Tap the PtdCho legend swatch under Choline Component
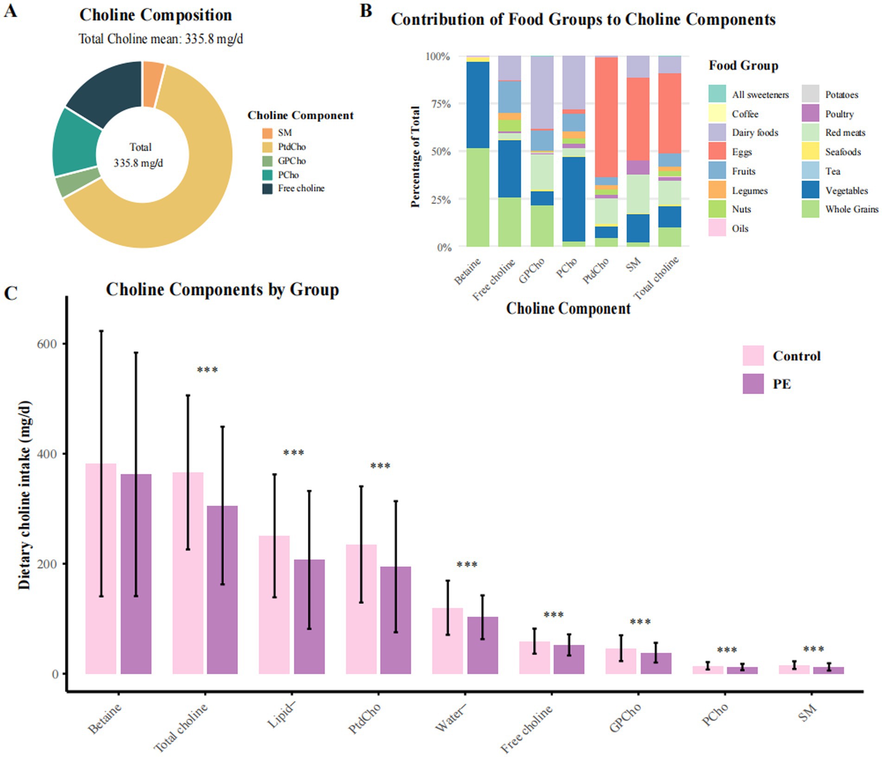pos(268,147)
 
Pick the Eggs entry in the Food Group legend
pos(742,152)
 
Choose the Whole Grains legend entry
pos(851,209)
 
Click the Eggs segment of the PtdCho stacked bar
pos(606,116)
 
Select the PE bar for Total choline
pos(222,589)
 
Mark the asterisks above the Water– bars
pos(467,565)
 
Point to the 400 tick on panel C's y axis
pos(48,454)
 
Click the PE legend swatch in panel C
pos(753,384)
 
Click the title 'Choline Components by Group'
pos(222,290)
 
